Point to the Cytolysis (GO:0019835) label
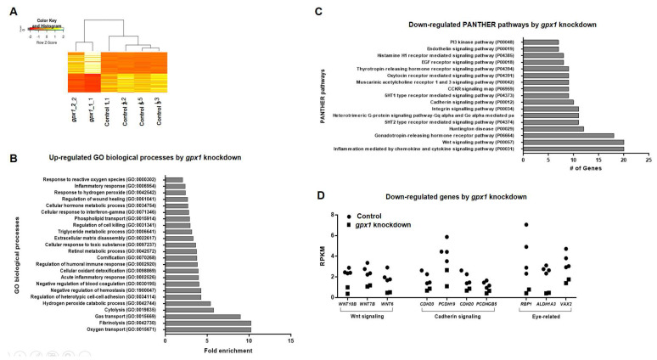coord(120,309)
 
